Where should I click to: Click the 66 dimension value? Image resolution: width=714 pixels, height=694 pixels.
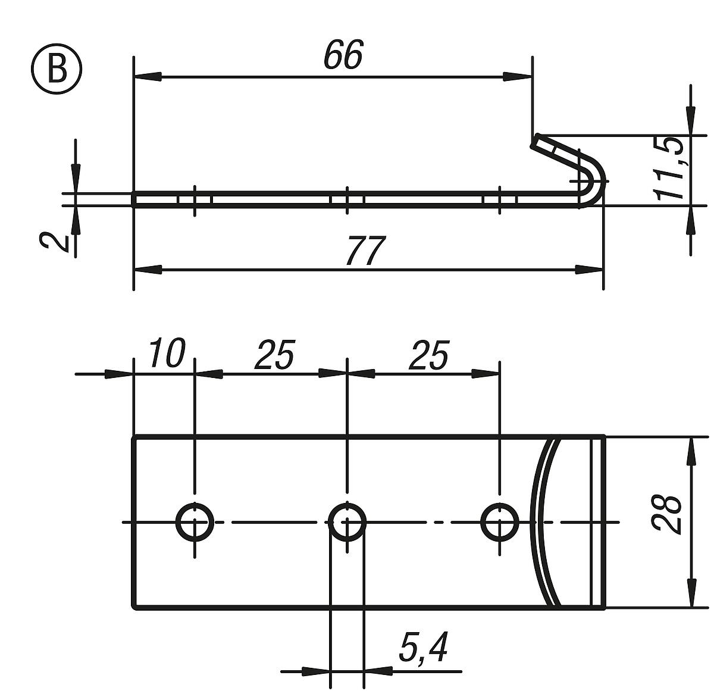tap(343, 55)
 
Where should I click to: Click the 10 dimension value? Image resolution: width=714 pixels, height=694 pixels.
tap(166, 354)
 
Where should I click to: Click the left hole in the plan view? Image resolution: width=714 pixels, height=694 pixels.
tap(195, 522)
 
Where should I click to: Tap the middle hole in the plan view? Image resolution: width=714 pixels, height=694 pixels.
tap(347, 522)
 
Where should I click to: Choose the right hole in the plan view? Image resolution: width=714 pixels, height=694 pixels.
tap(499, 522)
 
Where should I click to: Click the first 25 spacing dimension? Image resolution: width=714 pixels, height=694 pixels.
tap(274, 355)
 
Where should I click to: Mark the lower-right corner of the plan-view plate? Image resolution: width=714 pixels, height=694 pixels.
tap(604, 608)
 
